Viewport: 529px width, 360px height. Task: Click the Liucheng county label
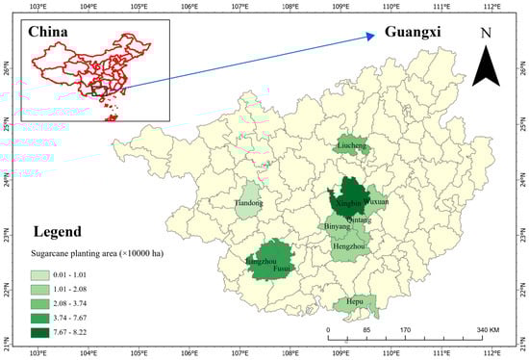(351, 146)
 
